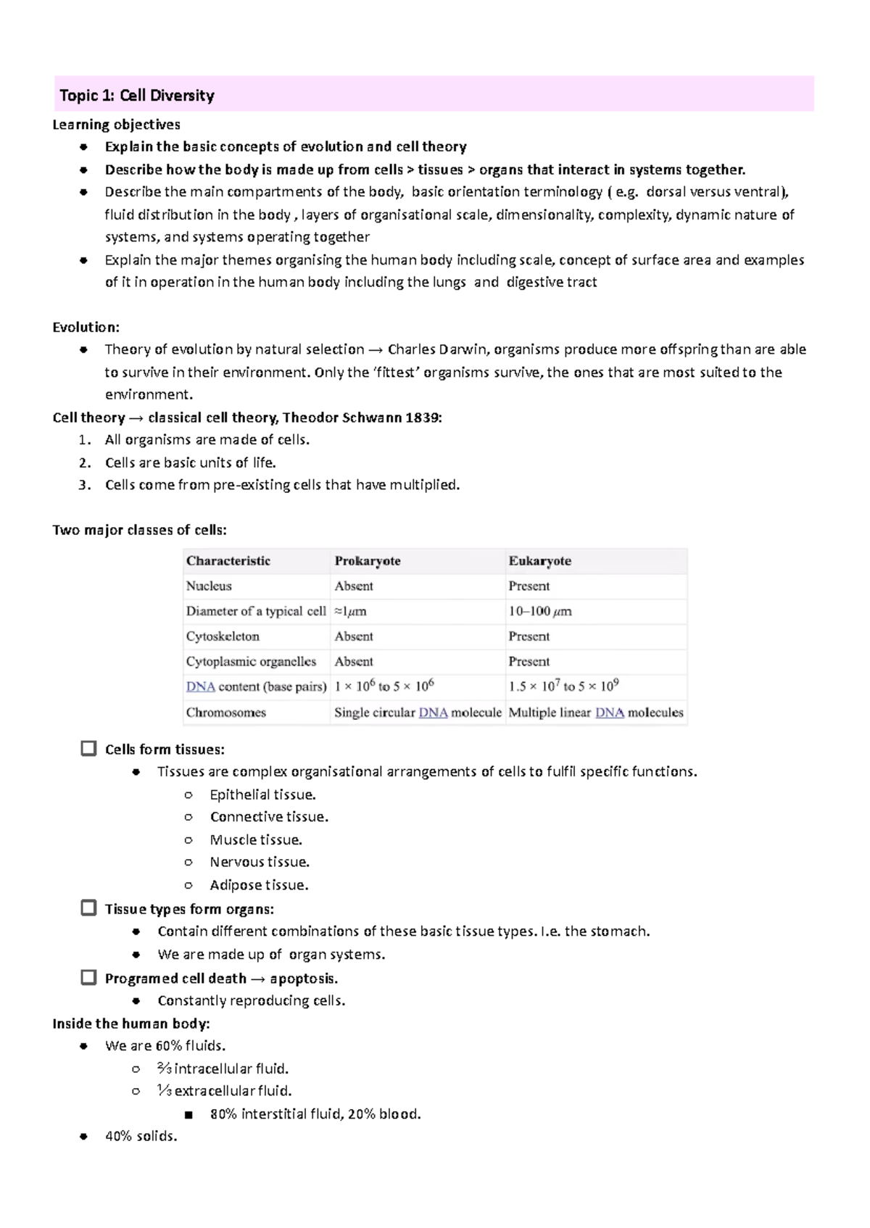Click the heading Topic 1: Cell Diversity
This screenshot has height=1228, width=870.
tap(137, 95)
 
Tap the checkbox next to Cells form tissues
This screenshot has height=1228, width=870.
tap(88, 748)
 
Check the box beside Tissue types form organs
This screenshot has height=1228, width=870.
tap(88, 908)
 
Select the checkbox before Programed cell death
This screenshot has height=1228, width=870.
tap(88, 977)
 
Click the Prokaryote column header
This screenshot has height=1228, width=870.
tap(368, 561)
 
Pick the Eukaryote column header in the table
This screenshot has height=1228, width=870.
tap(539, 561)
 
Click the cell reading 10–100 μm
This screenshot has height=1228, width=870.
tap(540, 611)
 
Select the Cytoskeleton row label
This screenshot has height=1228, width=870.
tap(223, 636)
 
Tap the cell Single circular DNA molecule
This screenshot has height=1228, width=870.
tap(418, 713)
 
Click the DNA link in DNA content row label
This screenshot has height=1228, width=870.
tap(200, 687)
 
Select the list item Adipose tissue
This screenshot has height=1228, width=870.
tap(259, 885)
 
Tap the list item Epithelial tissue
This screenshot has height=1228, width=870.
tap(262, 795)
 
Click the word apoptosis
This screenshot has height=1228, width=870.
tap(303, 979)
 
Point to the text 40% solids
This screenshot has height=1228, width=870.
tap(141, 1136)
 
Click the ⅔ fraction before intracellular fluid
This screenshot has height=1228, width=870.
tap(164, 1069)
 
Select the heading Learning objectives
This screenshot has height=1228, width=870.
tap(116, 125)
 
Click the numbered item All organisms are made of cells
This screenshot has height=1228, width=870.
tap(207, 440)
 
